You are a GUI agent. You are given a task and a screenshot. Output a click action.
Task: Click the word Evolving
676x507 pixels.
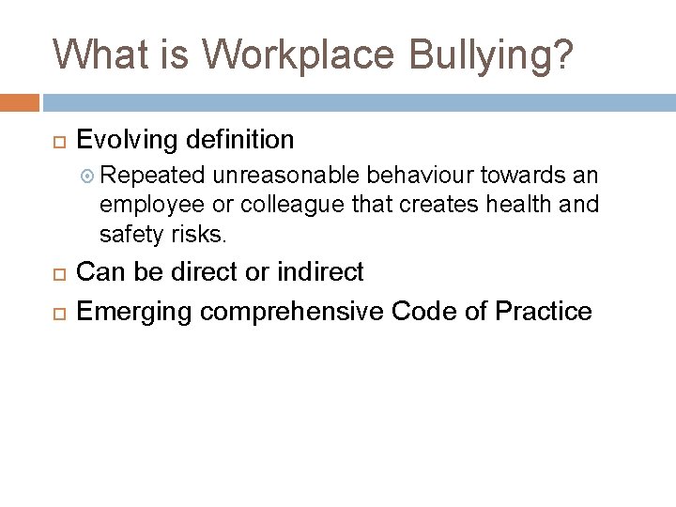tap(129, 141)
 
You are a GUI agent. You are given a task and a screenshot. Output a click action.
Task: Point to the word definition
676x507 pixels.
tap(241, 141)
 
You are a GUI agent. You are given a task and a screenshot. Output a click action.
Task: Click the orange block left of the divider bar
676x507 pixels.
tap(20, 101)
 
